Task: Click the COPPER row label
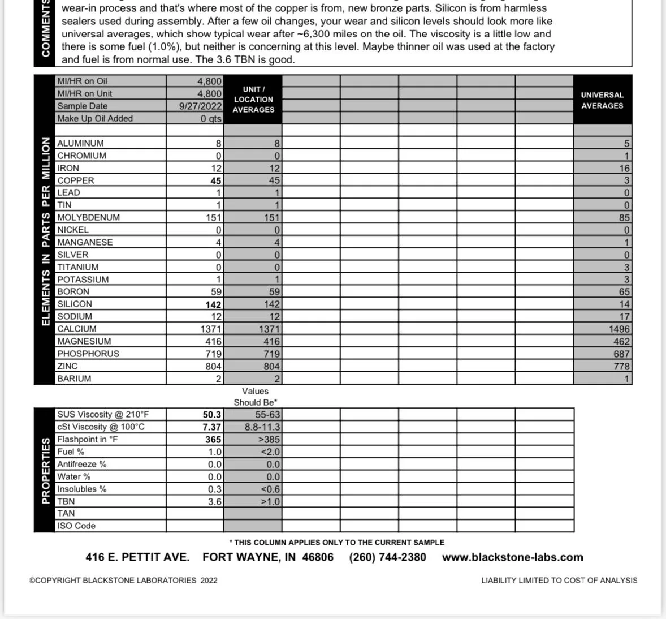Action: point(76,180)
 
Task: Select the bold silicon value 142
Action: point(213,304)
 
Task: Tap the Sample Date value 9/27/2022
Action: point(201,106)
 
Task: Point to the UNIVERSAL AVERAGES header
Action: point(602,100)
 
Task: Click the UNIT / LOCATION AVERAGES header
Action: point(253,100)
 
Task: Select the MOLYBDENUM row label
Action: point(88,217)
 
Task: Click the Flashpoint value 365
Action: point(213,440)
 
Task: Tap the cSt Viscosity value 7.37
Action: point(212,427)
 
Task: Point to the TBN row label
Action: point(66,501)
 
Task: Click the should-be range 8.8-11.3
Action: point(262,427)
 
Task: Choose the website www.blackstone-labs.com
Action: point(512,557)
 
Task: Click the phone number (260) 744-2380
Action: point(387,557)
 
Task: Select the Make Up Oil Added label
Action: point(95,118)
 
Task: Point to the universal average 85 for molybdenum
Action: point(624,217)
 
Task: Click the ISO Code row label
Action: point(76,526)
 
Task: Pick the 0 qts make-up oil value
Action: point(211,119)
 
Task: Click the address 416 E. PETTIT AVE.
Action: point(137,557)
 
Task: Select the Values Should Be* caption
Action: point(256,397)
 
